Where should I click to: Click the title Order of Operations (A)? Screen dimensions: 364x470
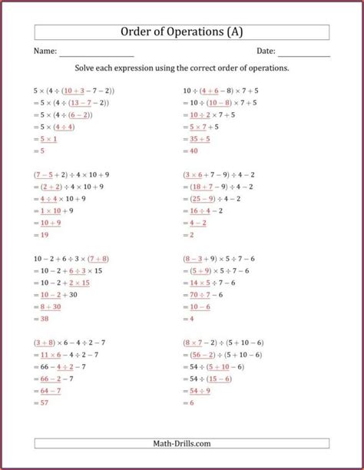pyautogui.click(x=182, y=31)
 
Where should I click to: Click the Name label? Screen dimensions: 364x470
pyautogui.click(x=45, y=51)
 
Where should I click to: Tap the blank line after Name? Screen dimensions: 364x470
pyautogui.click(x=97, y=54)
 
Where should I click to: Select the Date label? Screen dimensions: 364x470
pyautogui.click(x=266, y=51)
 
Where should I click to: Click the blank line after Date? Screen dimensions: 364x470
pyautogui.click(x=304, y=54)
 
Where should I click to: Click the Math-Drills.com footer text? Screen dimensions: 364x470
pyautogui.click(x=182, y=443)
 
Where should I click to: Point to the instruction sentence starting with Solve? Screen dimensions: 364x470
pyautogui.click(x=182, y=68)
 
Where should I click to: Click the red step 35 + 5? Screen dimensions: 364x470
pyautogui.click(x=200, y=139)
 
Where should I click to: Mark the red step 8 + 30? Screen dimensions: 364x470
pyautogui.click(x=51, y=306)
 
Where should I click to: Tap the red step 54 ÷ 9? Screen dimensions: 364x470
pyautogui.click(x=200, y=391)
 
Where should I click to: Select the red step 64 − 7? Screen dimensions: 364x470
pyautogui.click(x=51, y=391)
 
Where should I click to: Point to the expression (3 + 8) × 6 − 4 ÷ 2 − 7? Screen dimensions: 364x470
pyautogui.click(x=70, y=342)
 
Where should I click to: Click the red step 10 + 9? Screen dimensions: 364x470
pyautogui.click(x=51, y=223)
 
